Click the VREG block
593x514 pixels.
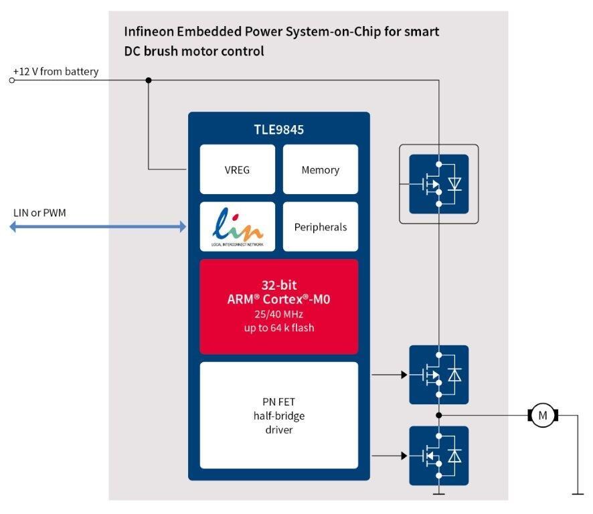click(237, 170)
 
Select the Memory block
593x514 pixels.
click(320, 170)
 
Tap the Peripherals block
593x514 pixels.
click(320, 227)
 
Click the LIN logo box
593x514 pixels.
click(237, 227)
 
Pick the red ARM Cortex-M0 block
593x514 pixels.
click(278, 307)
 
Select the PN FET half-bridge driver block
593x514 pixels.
click(278, 415)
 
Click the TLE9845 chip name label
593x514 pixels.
click(278, 130)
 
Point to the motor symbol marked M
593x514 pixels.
click(542, 416)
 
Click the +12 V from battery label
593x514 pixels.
click(56, 72)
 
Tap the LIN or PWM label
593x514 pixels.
click(40, 213)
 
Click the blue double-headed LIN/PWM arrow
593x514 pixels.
click(98, 227)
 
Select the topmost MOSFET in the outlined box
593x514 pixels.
click(438, 183)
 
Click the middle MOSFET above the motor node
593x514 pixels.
click(438, 375)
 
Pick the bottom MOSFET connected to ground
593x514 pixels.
click(438, 456)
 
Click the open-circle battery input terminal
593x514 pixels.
click(11, 80)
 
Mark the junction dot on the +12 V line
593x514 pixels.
click(149, 80)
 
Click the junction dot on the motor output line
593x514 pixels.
click(438, 416)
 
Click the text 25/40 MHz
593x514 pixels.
click(278, 315)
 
